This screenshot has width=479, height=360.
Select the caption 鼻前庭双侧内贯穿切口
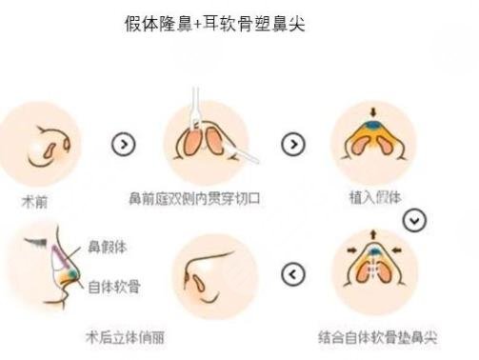(194, 200)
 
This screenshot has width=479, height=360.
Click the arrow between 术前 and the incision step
(123, 145)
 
